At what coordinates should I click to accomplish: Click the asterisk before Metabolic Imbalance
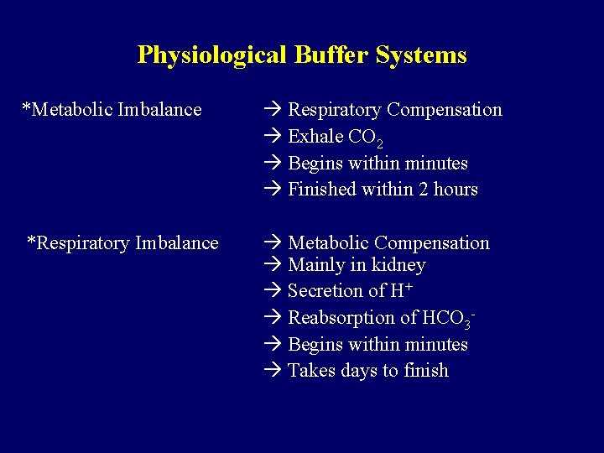(25, 108)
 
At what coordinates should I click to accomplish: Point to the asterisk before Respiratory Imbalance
(31, 242)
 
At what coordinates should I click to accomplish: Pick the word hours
(456, 190)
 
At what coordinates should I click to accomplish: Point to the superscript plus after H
(408, 287)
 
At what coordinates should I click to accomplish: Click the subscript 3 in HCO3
(467, 324)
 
